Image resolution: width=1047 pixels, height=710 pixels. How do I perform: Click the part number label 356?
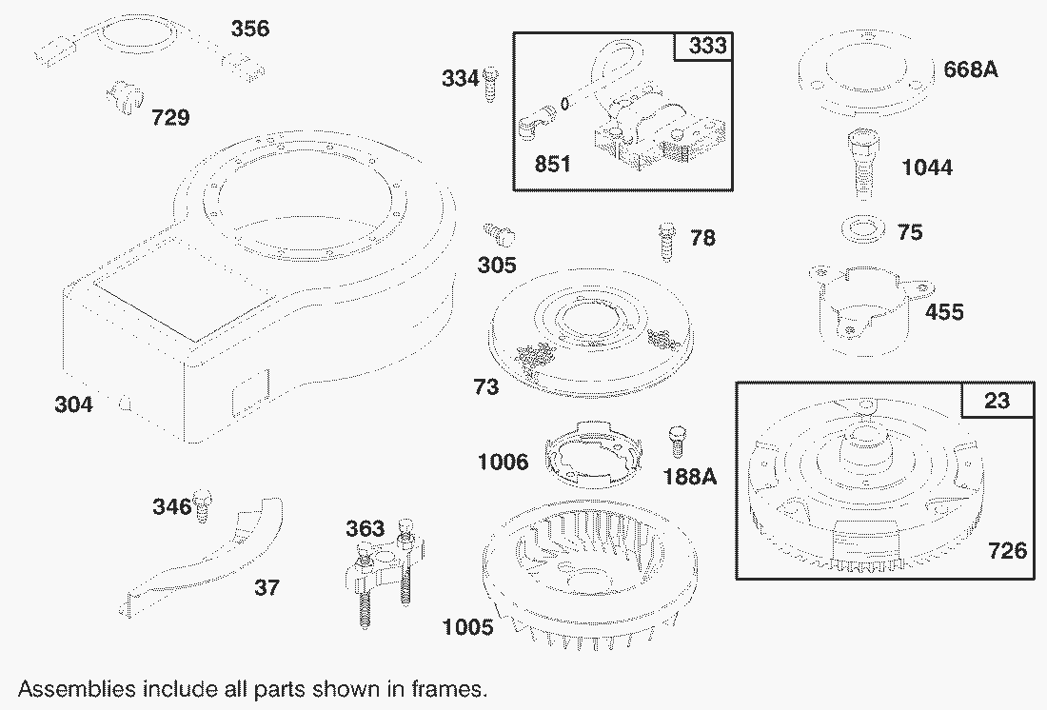[250, 29]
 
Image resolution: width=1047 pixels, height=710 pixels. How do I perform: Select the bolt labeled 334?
[491, 84]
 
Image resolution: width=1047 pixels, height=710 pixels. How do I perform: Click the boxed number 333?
[707, 46]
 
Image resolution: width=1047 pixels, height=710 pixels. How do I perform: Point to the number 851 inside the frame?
[553, 164]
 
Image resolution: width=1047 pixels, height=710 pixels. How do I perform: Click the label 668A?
[971, 69]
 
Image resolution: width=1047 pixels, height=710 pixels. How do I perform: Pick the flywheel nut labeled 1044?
[861, 164]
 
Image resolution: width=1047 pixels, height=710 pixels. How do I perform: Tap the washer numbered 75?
[862, 228]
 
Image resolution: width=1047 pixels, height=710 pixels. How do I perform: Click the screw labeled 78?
[666, 242]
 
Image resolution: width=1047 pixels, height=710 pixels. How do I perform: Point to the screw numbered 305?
[500, 235]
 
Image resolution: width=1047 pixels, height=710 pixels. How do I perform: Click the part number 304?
[73, 404]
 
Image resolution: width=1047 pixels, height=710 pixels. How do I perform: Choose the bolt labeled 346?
[203, 506]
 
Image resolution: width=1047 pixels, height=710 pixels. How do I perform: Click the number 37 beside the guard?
[267, 588]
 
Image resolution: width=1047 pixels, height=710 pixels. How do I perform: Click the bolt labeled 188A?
[677, 442]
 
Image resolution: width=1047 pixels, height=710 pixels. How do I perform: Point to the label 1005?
[468, 627]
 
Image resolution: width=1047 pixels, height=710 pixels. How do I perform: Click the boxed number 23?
[997, 401]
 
